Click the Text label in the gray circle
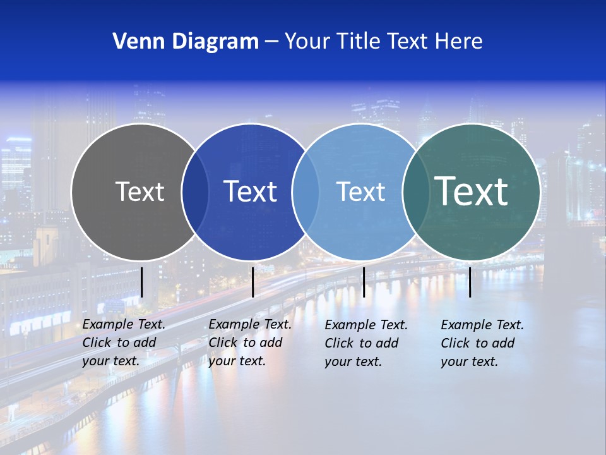tap(140, 191)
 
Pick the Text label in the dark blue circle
tap(251, 191)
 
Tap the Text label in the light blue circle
tap(360, 191)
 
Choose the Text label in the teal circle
tap(472, 191)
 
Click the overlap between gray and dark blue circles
tap(195, 191)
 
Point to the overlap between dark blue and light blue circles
tap(306, 191)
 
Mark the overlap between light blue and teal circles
tap(415, 191)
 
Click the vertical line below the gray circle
tap(142, 282)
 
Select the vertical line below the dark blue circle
tap(252, 282)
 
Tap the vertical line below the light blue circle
tap(364, 282)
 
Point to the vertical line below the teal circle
tap(470, 282)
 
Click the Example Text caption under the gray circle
tap(124, 343)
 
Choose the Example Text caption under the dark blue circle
tap(250, 343)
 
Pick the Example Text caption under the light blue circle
tap(366, 343)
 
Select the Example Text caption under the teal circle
tap(482, 343)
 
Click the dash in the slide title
tap(271, 42)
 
